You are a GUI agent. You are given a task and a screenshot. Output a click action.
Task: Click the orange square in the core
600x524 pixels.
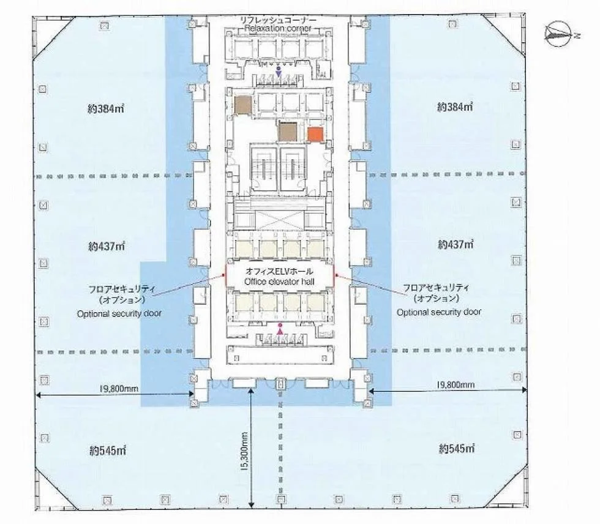pyautogui.click(x=315, y=135)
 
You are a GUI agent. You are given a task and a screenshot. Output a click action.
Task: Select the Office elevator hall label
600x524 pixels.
pyautogui.click(x=279, y=282)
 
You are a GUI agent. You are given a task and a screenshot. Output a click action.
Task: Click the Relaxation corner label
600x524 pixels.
pyautogui.click(x=278, y=28)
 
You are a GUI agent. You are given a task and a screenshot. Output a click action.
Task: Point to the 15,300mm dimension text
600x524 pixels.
pyautogui.click(x=245, y=451)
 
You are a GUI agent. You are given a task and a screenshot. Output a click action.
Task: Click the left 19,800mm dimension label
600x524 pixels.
pyautogui.click(x=119, y=389)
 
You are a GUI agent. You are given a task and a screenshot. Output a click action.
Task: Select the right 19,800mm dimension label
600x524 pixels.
pyautogui.click(x=456, y=385)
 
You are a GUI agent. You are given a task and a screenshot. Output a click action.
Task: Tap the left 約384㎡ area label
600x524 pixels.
pyautogui.click(x=105, y=109)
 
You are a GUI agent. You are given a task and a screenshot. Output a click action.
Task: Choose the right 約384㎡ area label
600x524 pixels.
pyautogui.click(x=455, y=107)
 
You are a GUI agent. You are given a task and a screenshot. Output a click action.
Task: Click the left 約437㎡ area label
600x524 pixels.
pyautogui.click(x=107, y=246)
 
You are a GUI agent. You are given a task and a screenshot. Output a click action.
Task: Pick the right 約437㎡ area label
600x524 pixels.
pyautogui.click(x=456, y=244)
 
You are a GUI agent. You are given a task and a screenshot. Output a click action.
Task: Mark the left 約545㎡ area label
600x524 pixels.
pyautogui.click(x=108, y=451)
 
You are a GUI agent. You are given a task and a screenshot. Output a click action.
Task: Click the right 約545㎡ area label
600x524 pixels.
pyautogui.click(x=457, y=448)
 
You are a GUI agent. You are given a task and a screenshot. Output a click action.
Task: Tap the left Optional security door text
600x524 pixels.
pyautogui.click(x=119, y=313)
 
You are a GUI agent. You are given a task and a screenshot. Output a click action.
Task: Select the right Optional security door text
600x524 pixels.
pyautogui.click(x=439, y=312)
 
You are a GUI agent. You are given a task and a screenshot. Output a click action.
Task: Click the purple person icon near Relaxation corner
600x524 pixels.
pyautogui.click(x=279, y=71)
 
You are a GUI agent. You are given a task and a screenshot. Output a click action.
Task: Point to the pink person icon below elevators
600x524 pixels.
pyautogui.click(x=280, y=330)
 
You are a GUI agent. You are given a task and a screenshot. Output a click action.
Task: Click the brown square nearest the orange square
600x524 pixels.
pyautogui.click(x=288, y=131)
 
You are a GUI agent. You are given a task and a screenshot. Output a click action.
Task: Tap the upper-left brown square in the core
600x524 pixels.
pyautogui.click(x=243, y=105)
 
